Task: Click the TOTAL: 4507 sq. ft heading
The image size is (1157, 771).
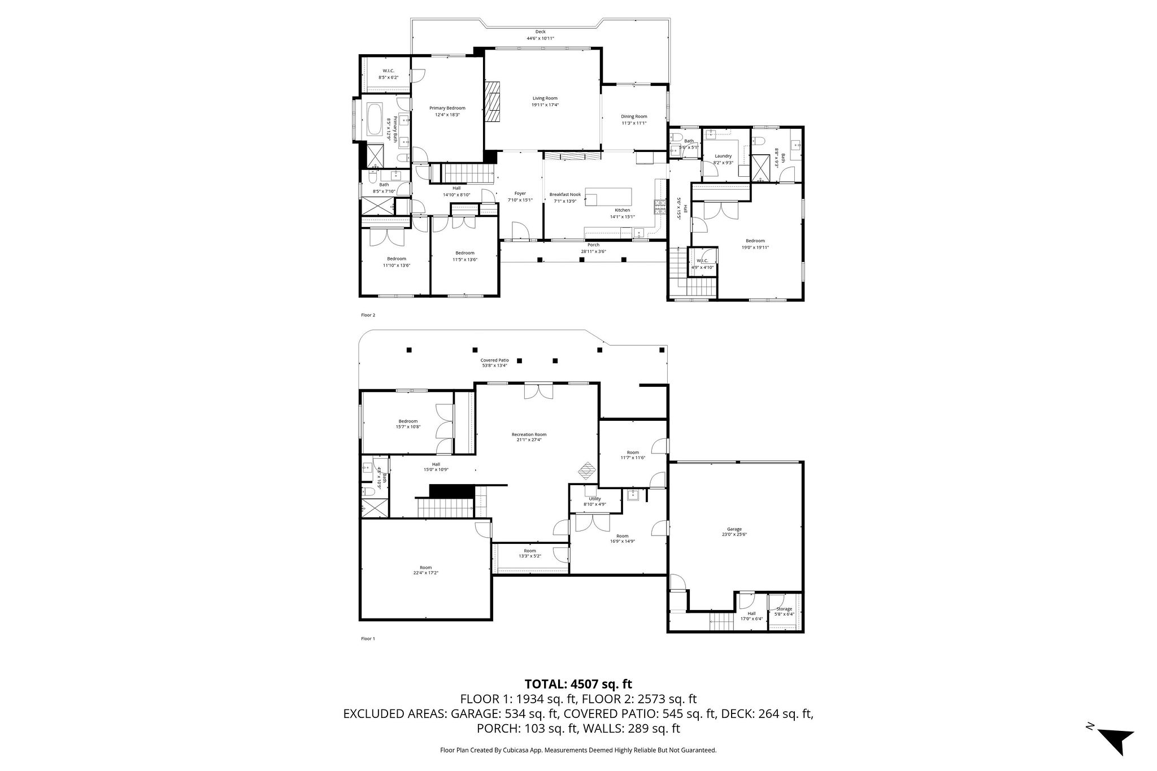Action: click(578, 684)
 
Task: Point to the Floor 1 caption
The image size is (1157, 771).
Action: click(368, 639)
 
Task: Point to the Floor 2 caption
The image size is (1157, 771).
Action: click(368, 315)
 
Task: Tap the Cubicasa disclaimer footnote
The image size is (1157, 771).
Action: click(578, 750)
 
